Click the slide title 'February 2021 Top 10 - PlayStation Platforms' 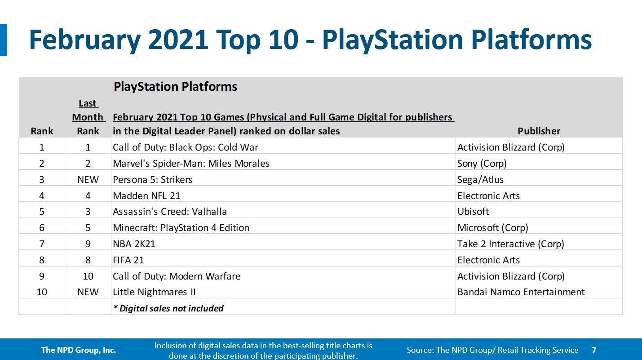[x=310, y=40]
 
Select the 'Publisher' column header [x=539, y=131]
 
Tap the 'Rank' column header [x=42, y=131]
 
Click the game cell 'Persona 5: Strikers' [x=152, y=180]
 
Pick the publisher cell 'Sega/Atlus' [x=480, y=180]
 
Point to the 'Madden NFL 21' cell [x=146, y=196]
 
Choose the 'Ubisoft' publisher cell [x=473, y=212]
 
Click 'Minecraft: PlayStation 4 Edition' [x=181, y=228]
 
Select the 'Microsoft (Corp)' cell [x=492, y=228]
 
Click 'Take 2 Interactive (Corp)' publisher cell [x=510, y=244]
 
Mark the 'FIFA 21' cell [x=128, y=260]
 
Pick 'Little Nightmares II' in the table [x=154, y=292]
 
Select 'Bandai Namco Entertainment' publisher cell [x=521, y=292]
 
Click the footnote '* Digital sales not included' [x=168, y=308]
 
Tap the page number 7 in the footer [x=594, y=350]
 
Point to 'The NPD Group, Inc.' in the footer [x=79, y=350]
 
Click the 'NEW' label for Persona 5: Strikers [x=88, y=180]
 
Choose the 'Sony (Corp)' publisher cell [x=482, y=164]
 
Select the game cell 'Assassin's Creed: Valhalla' [x=170, y=212]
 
